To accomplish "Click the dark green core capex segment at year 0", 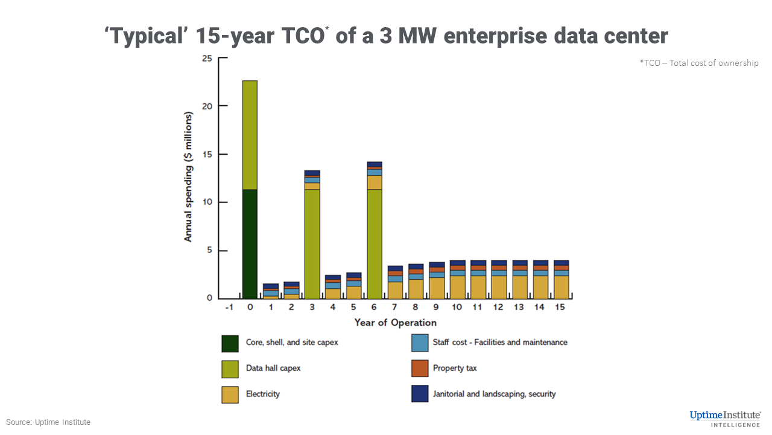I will coord(250,244).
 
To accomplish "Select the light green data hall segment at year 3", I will coord(312,244).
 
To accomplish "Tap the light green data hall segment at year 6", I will coord(375,244).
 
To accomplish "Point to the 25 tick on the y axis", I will coord(207,59).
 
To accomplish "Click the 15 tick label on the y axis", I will coord(207,155).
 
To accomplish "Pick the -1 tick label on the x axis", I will coord(229,308).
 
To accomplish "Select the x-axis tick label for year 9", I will coord(437,308).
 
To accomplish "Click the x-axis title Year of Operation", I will coord(395,323).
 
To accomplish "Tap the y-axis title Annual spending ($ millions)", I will coord(188,177).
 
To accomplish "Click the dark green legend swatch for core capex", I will coord(230,343).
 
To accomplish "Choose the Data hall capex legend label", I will coord(273,368).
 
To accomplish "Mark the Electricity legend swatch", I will coord(230,395).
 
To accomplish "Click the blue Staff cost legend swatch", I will coord(419,343).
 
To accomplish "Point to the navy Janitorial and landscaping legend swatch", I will coord(419,395).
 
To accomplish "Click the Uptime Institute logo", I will coord(726,417).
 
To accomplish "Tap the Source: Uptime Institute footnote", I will coord(48,422).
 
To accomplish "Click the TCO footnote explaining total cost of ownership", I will coord(699,63).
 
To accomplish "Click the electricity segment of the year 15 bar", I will coord(562,287).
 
